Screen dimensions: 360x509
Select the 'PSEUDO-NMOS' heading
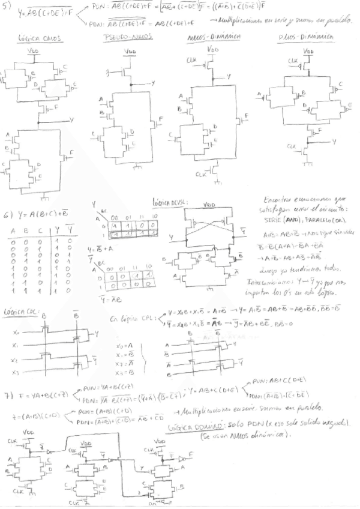coord(127,37)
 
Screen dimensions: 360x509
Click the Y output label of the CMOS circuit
coord(72,120)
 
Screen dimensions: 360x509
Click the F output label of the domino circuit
coord(191,457)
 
